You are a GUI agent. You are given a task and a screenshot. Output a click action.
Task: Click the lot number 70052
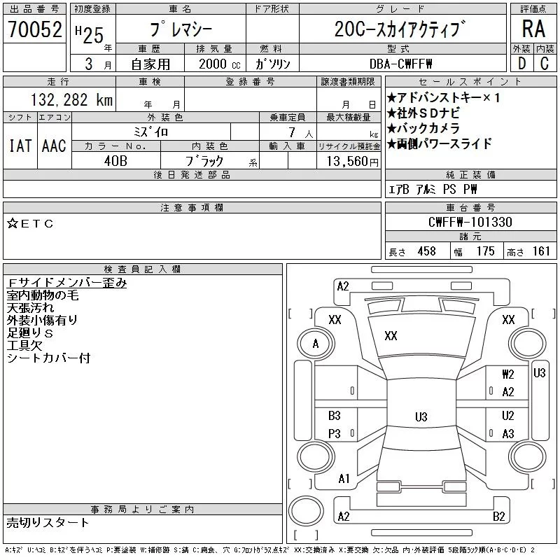click(x=34, y=29)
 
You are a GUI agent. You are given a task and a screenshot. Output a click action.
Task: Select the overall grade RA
click(x=533, y=29)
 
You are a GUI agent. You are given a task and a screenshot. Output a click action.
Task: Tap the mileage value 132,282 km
click(x=72, y=99)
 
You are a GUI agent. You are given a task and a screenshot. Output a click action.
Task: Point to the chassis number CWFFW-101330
click(x=470, y=222)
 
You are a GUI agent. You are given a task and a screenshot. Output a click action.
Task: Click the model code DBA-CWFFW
click(x=400, y=64)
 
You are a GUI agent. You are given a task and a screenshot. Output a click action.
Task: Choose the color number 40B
click(x=115, y=161)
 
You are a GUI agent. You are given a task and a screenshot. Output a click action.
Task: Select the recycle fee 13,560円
click(x=352, y=161)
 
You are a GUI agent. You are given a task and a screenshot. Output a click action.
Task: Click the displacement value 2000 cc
click(x=220, y=64)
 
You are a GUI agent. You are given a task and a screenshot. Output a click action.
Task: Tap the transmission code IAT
click(x=20, y=146)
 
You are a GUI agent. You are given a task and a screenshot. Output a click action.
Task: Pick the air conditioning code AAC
click(x=54, y=146)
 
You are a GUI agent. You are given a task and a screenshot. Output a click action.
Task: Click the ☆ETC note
click(x=30, y=223)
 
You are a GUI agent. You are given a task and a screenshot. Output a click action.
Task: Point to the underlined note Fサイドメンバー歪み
click(x=66, y=283)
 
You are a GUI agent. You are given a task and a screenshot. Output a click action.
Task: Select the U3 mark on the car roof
click(x=421, y=416)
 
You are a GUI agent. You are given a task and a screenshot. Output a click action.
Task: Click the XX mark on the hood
click(x=391, y=336)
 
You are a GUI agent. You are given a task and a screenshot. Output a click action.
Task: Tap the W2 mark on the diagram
click(x=508, y=374)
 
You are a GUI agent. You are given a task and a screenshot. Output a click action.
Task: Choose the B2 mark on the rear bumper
click(x=498, y=517)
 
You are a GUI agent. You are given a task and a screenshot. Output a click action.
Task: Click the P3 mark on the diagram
click(x=335, y=433)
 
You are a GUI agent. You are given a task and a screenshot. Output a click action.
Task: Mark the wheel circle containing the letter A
click(x=316, y=344)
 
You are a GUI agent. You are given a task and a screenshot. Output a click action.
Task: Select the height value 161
click(x=541, y=251)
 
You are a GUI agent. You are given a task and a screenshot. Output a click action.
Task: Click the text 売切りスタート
click(x=48, y=523)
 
